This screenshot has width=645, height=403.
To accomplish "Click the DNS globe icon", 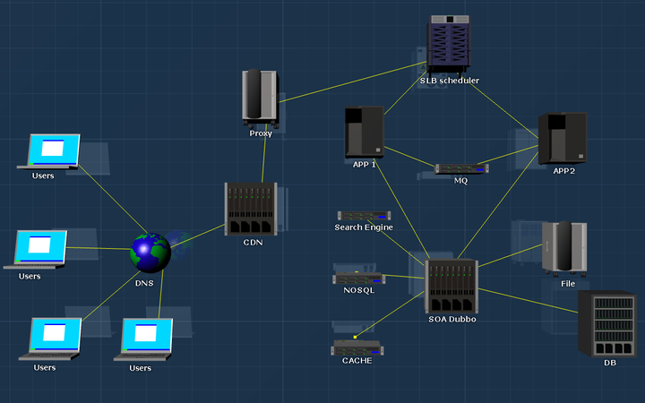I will point(150,253).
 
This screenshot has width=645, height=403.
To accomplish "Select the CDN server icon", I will point(251,209).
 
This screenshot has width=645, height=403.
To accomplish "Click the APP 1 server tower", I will point(365,132).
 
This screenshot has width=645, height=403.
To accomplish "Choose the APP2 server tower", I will point(563,138).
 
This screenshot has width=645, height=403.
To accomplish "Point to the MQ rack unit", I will point(461,168).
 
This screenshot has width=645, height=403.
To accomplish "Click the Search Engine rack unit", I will point(364,216).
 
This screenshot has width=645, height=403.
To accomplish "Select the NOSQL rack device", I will point(358,278).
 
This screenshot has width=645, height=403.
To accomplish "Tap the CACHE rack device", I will point(357,347).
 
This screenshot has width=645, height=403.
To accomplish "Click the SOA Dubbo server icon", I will point(451,286).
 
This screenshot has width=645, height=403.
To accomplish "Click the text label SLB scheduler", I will point(450,81).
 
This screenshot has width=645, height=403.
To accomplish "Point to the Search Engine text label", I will point(364,227).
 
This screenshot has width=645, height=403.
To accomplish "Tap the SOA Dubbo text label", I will point(451,319).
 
